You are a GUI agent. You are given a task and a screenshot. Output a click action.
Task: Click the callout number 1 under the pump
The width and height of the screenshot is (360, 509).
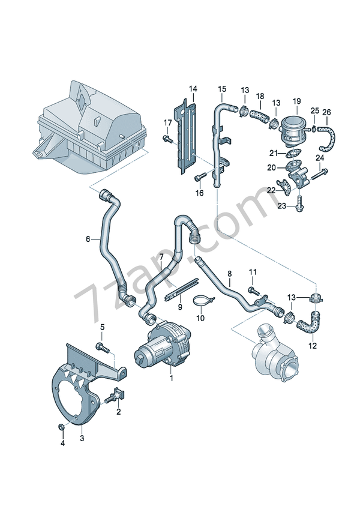pos(171,378)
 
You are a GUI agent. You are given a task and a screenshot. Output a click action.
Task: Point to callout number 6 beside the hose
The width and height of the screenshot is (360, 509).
pos(88,239)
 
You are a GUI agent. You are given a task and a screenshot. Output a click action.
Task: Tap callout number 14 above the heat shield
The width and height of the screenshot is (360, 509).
pos(193,89)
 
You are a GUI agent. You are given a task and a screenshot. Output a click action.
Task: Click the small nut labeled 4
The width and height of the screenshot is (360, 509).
pos(62,427)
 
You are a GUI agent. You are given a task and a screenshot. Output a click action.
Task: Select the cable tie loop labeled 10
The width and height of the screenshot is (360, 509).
pos(203,300)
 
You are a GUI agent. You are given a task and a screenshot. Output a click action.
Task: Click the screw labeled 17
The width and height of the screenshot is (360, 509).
pos(166,139)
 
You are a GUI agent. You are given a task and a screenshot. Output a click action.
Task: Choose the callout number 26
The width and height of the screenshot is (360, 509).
pos(326,112)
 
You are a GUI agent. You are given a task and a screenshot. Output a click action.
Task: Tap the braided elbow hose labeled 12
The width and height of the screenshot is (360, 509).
pos(313,322)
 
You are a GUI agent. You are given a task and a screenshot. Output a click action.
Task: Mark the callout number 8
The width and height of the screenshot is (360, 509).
pos(229,274)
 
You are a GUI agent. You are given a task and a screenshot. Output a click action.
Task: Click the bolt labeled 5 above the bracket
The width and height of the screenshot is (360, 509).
pos(103,346)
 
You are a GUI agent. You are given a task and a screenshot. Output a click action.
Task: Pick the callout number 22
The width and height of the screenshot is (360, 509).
pos(271,190)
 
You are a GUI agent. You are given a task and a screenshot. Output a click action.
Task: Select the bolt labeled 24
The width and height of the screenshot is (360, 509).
pos(320,173)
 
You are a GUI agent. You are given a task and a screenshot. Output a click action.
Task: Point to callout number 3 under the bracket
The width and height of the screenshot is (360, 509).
pos(82,439)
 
